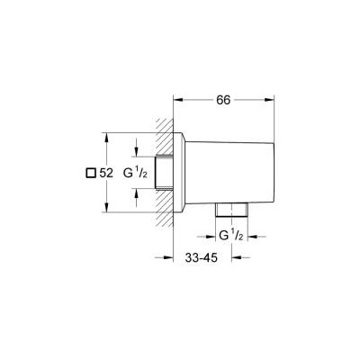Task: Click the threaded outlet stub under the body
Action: pos(233,211)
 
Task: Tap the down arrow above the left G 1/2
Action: pos(137,152)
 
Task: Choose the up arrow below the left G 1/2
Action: pos(137,193)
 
